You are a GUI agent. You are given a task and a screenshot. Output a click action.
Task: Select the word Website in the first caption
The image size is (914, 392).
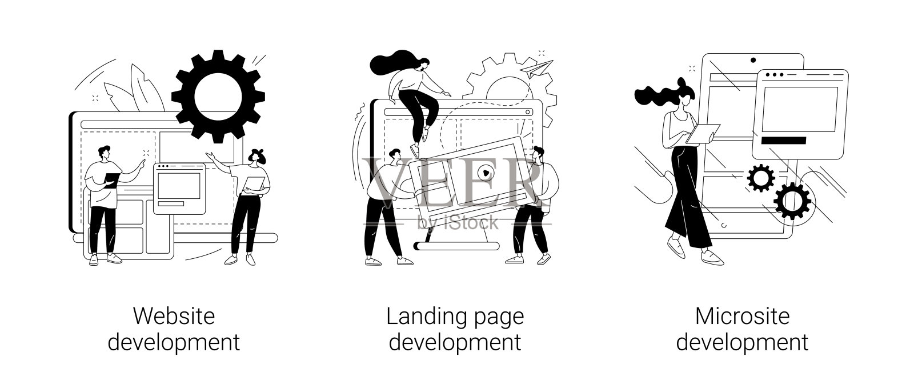(x=174, y=315)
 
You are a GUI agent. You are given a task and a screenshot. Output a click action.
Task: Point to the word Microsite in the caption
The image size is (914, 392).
(x=742, y=315)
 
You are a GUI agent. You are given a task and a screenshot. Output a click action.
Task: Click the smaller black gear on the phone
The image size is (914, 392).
(x=760, y=178)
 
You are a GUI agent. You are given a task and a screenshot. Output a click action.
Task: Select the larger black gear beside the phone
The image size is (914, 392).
(x=792, y=201)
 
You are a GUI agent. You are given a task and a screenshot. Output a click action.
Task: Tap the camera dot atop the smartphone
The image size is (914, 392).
(x=753, y=59)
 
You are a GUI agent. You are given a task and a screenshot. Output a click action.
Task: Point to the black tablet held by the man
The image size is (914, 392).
(x=112, y=179)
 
